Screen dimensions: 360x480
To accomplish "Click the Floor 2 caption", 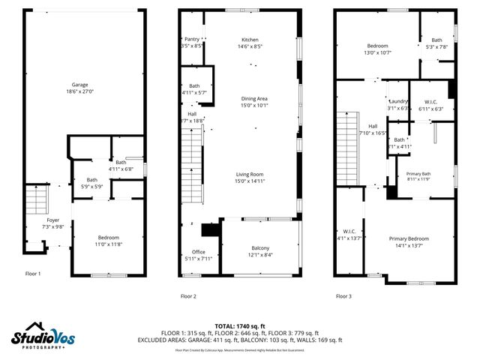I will (188, 295).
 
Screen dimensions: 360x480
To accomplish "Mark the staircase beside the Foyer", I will (36, 199).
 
